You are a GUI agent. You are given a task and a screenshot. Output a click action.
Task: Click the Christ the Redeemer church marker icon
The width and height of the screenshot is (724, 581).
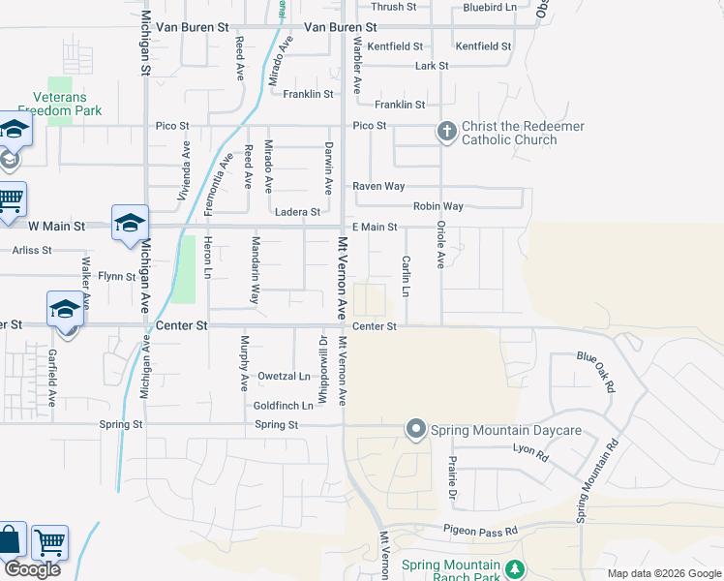pyautogui.click(x=446, y=132)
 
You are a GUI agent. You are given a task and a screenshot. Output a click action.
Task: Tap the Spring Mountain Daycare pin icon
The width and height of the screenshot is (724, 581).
pyautogui.click(x=416, y=429)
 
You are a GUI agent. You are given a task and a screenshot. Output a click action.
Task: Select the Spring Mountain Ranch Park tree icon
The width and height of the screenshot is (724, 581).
pyautogui.click(x=516, y=566)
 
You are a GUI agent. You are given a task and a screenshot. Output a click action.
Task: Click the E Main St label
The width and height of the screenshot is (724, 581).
pyautogui.click(x=375, y=227)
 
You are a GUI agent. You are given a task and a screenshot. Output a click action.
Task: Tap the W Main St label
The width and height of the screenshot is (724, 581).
pyautogui.click(x=57, y=227)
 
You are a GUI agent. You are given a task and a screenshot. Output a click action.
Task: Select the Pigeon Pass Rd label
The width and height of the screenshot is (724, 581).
pyautogui.click(x=481, y=530)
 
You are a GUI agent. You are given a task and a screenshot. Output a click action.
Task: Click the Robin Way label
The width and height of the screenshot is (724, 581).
pyautogui.click(x=438, y=206)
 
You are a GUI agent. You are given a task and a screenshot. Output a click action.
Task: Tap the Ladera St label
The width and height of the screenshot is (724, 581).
pyautogui.click(x=297, y=212)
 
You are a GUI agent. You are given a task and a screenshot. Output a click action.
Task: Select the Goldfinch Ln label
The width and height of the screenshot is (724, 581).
pyautogui.click(x=283, y=406)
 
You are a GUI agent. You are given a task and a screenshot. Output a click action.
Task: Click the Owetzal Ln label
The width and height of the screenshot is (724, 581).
pyautogui.click(x=284, y=376)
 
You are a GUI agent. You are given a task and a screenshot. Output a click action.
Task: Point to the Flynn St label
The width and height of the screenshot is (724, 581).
pyautogui.click(x=116, y=277)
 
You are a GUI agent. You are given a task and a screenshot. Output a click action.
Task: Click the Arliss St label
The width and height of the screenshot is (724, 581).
pyautogui.click(x=32, y=250)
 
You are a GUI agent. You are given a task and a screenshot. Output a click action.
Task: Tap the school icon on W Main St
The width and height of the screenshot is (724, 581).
pyautogui.click(x=130, y=224)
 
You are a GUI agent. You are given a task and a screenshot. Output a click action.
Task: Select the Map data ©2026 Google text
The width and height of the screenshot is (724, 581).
pyautogui.click(x=663, y=573)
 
